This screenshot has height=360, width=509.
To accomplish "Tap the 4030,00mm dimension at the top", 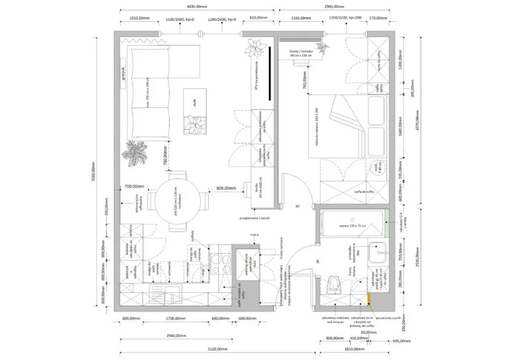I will point(197,6).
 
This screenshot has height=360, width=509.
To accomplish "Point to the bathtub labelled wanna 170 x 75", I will point(352,226).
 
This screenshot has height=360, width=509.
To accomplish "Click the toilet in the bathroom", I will point(335,286).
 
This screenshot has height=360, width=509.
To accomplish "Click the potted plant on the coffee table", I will point(197,125).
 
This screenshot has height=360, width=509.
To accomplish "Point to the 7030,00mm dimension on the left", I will point(93,172).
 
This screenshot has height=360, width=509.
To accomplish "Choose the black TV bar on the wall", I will point(271,73).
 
